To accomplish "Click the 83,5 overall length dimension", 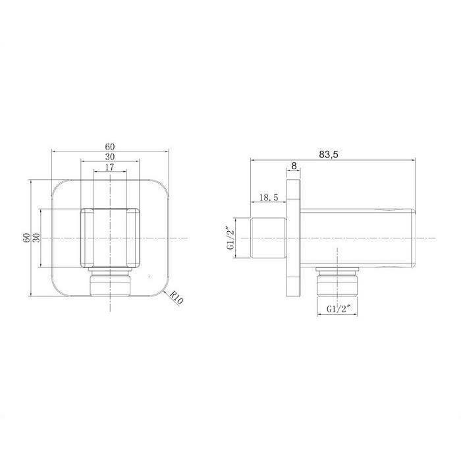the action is pos(329,154).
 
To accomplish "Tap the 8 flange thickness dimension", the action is pos(294,166).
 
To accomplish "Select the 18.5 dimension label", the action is pos(268,198).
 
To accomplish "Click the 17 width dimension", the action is pos(109,167).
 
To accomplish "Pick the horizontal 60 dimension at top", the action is pos(110,146).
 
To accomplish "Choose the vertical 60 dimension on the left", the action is pos(26,238).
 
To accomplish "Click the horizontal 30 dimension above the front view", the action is pos(110,157).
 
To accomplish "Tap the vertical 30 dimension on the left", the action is pos(36,238).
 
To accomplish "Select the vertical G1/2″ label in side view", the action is pos(230,238).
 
